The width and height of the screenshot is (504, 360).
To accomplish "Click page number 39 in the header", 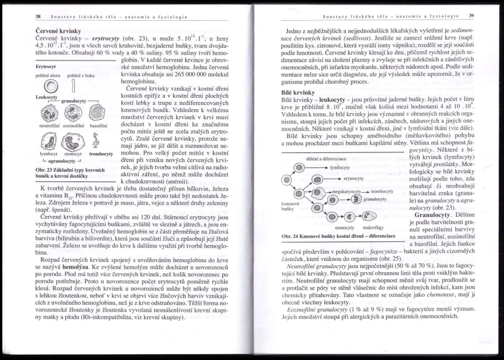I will (471, 16).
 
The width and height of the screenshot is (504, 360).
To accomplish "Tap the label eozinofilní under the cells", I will (74, 126).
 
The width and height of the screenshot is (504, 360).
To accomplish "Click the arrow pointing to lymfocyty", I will (319, 168).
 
